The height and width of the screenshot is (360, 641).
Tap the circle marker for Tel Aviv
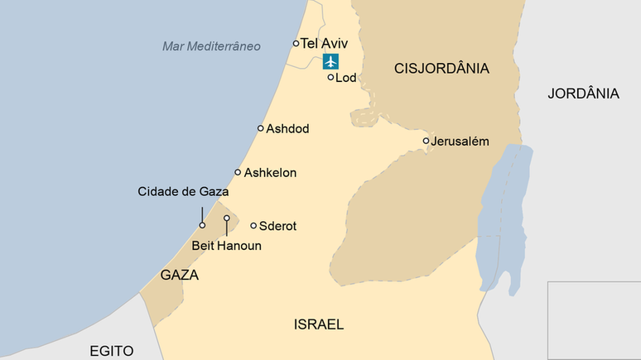tap(296, 43)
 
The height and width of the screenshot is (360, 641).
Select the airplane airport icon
tap(331, 60)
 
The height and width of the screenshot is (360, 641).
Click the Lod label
tap(345, 78)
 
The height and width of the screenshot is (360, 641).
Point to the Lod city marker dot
tap(330, 77)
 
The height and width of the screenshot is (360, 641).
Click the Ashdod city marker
tap(260, 128)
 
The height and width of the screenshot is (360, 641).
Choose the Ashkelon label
tap(270, 173)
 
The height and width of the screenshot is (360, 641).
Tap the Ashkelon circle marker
tap(238, 172)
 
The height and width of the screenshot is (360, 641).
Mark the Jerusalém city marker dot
tap(426, 141)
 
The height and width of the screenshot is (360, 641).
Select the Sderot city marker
tap(253, 225)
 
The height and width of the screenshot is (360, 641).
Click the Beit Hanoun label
tap(226, 246)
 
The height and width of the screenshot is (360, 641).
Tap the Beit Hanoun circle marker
tap(226, 218)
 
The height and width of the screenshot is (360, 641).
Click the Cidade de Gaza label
tap(183, 192)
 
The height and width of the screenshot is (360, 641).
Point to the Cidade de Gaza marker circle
tap(202, 224)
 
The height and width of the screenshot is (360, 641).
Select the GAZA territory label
tap(179, 276)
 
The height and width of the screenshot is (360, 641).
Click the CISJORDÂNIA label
tap(442, 69)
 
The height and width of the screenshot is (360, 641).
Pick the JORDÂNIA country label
tap(583, 94)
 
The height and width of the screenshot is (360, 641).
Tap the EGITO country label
tap(112, 351)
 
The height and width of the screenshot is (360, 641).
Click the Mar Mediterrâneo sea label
tap(211, 46)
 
